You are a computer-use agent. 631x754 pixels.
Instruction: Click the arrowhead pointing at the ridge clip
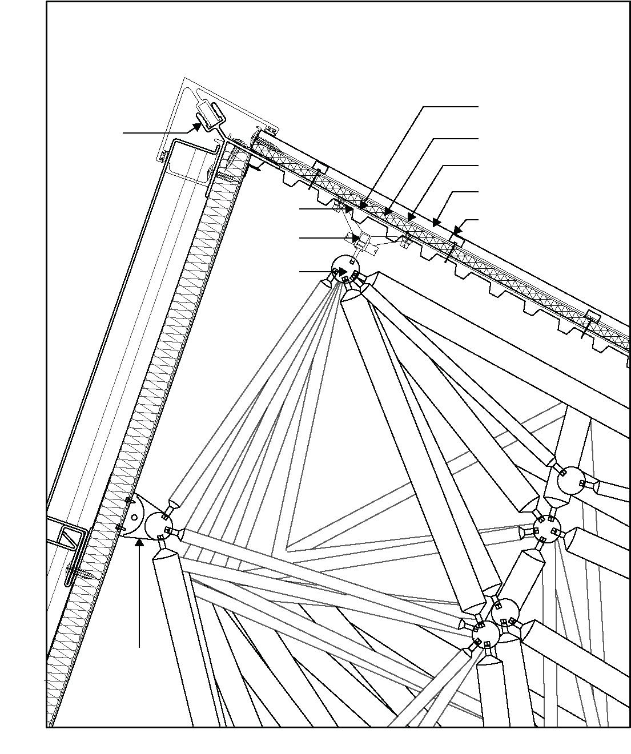coord(197,127)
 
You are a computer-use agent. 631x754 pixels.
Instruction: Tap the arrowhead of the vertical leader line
coord(139,541)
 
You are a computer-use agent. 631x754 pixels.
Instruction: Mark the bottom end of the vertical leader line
coord(139,647)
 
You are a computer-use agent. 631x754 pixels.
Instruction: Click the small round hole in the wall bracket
coord(134,517)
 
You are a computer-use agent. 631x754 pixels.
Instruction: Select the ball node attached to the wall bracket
coord(159,526)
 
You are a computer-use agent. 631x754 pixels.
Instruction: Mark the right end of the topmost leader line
coord(479,106)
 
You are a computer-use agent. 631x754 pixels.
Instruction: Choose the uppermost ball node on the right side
coord(570,480)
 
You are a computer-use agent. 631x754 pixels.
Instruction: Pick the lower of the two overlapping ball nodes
coord(486,634)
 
